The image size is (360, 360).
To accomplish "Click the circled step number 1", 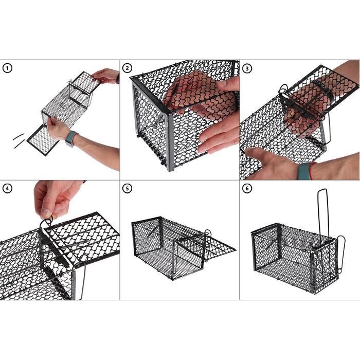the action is click(7, 68).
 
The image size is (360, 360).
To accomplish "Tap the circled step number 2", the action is click(128, 68).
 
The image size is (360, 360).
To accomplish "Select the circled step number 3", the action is click(247, 68).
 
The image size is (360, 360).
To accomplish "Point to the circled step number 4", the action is click(7, 188).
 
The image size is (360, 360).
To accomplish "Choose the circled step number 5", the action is click(128, 188).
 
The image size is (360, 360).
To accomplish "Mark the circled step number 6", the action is click(247, 188).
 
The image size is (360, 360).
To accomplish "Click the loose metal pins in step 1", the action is click(19, 140).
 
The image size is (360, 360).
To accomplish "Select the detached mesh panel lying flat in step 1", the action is click(43, 140).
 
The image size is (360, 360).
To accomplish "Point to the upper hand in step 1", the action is click(106, 76).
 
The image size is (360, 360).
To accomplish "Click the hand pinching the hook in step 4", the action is click(55, 197).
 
